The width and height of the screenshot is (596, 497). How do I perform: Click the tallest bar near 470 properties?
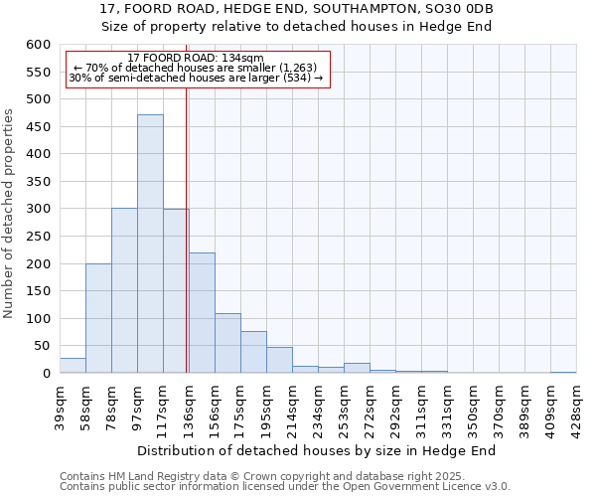pos(150,244)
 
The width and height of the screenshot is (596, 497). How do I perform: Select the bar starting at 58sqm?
pos(98,318)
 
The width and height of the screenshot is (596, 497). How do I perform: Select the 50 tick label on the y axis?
pos(42,346)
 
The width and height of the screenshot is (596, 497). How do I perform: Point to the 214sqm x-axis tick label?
pos(293,408)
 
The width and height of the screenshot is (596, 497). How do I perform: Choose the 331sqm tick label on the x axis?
pos(448,408)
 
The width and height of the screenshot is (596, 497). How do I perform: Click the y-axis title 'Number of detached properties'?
pos(9,209)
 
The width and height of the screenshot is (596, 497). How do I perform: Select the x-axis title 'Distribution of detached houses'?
pos(316,450)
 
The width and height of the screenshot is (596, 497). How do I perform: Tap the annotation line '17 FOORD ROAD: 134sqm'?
pos(196,59)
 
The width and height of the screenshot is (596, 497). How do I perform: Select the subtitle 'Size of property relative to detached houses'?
pos(297,26)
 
